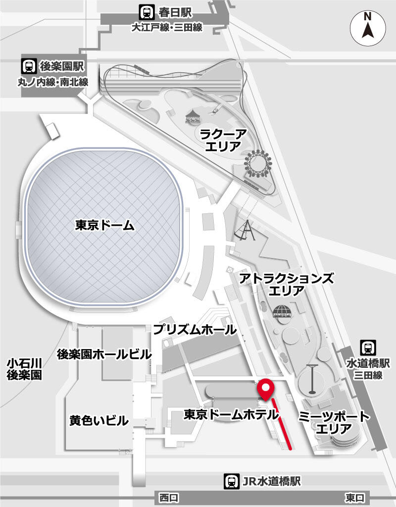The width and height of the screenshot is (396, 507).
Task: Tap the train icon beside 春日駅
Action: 146,11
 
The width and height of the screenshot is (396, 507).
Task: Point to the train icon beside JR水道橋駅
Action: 231,480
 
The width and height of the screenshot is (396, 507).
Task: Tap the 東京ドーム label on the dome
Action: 105,225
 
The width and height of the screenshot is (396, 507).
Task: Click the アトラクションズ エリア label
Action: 286,284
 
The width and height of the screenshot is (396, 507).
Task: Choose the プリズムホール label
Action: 195,329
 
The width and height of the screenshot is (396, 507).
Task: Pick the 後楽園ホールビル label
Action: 104,355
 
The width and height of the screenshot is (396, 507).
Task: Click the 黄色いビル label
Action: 99,421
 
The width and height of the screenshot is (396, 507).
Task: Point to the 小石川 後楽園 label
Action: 24,369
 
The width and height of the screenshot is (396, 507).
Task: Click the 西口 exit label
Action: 168,497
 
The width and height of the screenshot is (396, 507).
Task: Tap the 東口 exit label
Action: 355,497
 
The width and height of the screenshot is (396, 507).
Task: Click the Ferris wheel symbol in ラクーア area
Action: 258,164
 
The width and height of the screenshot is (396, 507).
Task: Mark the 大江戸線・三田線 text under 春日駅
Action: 166,28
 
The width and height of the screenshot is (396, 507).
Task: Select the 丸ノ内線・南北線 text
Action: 53,82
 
